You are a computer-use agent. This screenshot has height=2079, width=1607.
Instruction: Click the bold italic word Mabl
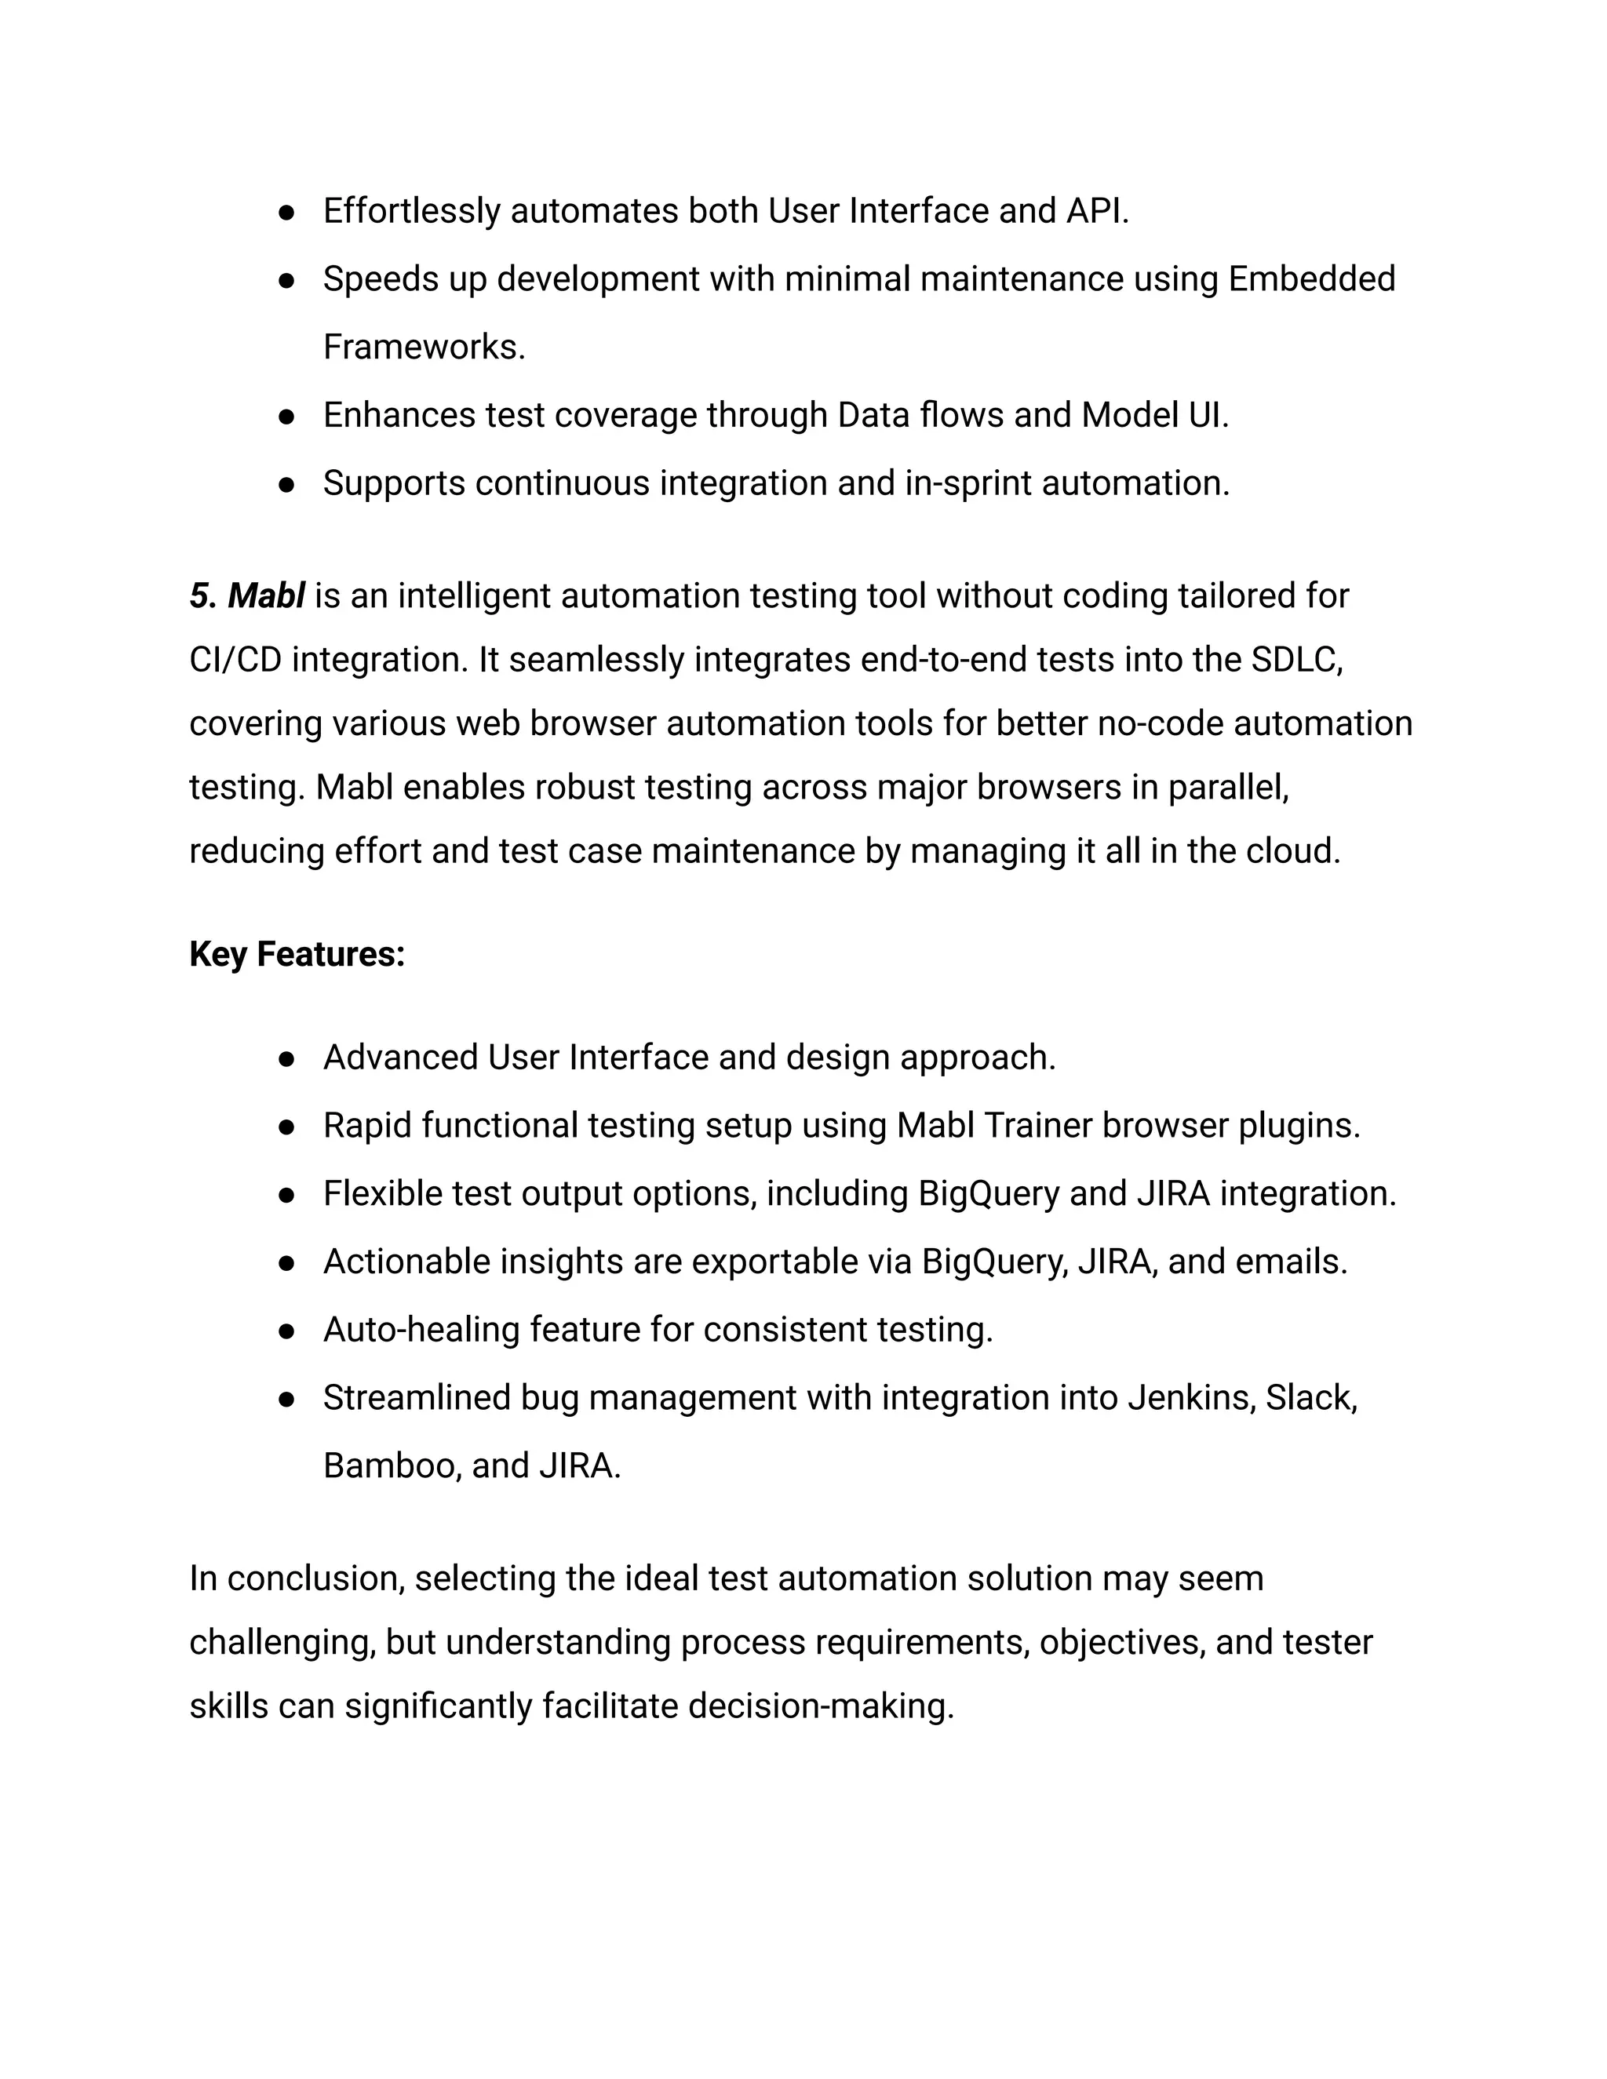266,596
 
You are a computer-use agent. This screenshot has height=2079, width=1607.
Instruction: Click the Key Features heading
297,954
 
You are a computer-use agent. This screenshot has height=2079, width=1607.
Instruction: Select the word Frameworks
424,348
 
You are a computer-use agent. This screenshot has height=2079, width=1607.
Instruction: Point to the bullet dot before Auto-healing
286,1331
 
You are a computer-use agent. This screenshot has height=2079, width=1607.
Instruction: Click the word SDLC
1295,660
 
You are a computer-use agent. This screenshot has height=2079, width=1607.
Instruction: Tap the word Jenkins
1191,1397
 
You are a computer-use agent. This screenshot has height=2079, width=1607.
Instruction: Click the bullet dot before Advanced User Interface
286,1058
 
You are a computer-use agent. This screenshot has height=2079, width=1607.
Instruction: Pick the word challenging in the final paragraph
282,1643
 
